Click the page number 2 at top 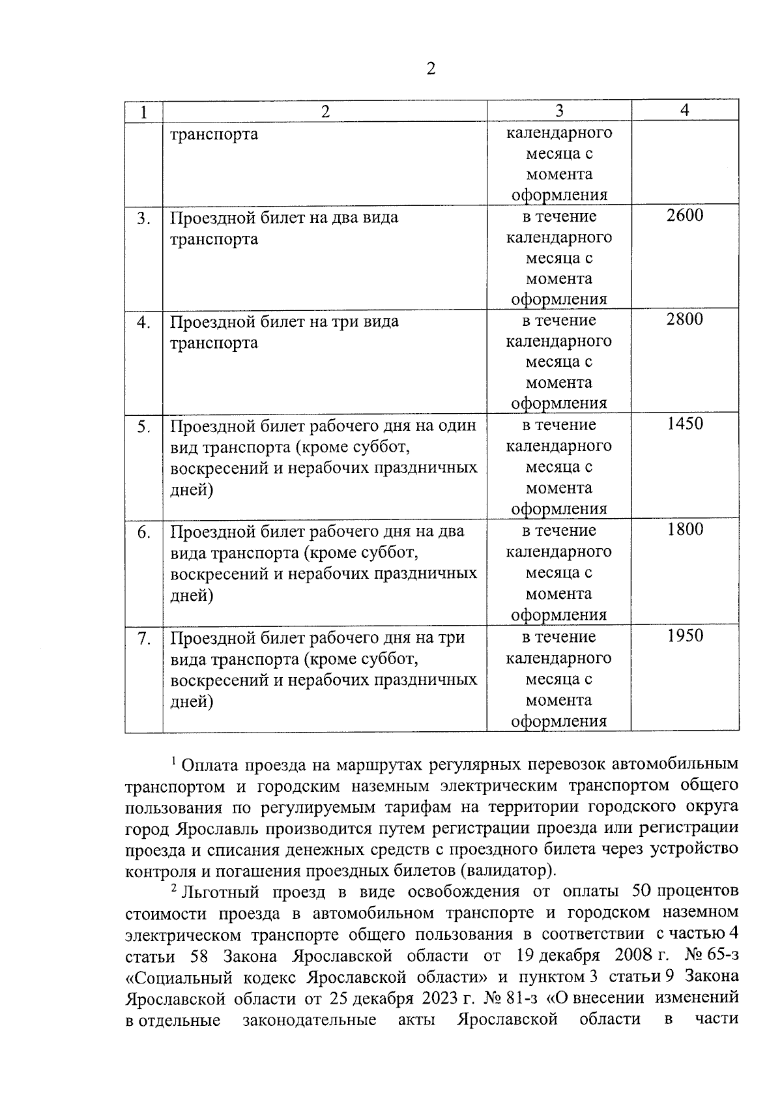click(x=430, y=68)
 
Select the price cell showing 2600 click(x=685, y=215)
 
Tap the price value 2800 click(x=685, y=319)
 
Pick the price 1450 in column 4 click(x=685, y=424)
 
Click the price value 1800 click(x=685, y=529)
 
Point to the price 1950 click(x=685, y=635)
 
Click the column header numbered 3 click(x=559, y=111)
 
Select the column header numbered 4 click(x=684, y=110)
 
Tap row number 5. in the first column click(x=143, y=427)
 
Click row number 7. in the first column click(x=143, y=639)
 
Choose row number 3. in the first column click(x=143, y=218)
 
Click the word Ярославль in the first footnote click(x=218, y=829)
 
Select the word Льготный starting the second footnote click(x=222, y=892)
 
